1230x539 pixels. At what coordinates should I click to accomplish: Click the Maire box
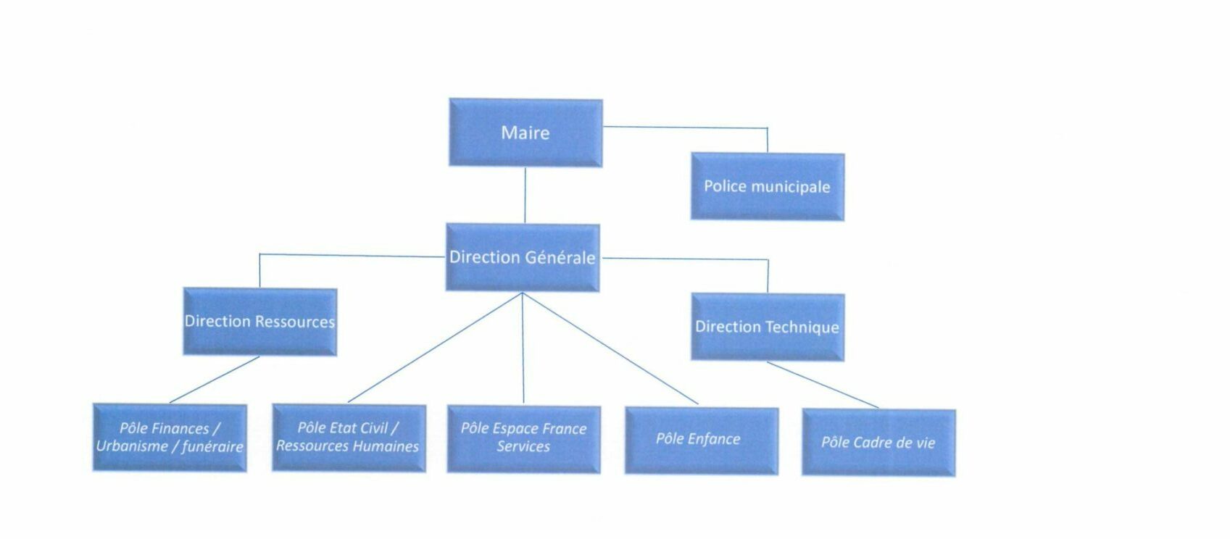[x=525, y=133]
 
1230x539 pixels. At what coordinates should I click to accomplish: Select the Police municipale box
[x=767, y=187]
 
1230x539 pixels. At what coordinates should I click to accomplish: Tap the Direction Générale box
[x=522, y=257]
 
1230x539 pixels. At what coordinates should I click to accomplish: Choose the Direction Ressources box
[x=259, y=322]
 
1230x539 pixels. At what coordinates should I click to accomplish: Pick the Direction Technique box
[x=767, y=327]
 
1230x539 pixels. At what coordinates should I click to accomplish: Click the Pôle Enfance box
[x=701, y=440]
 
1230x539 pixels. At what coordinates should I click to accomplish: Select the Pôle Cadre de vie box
[x=878, y=443]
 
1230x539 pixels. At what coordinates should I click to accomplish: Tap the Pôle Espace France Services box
[x=523, y=439]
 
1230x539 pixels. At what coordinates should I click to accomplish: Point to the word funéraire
[x=212, y=447]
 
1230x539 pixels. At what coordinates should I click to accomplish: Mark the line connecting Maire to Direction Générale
[x=525, y=195]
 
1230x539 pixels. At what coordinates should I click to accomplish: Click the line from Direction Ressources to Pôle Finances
[x=214, y=380]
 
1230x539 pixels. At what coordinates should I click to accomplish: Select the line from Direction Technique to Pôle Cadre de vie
[x=823, y=385]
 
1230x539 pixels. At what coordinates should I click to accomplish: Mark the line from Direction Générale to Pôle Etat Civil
[x=435, y=348]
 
